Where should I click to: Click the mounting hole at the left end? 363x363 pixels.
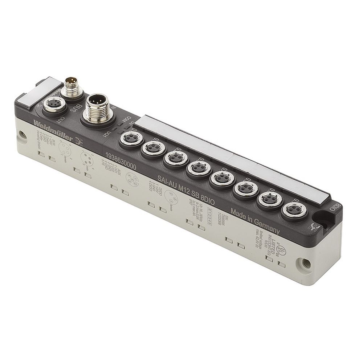click(x=23, y=135)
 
